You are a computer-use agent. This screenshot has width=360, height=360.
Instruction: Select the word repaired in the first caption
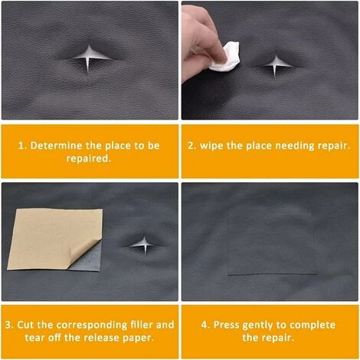click(90, 159)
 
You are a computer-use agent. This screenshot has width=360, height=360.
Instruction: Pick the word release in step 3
click(101, 338)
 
